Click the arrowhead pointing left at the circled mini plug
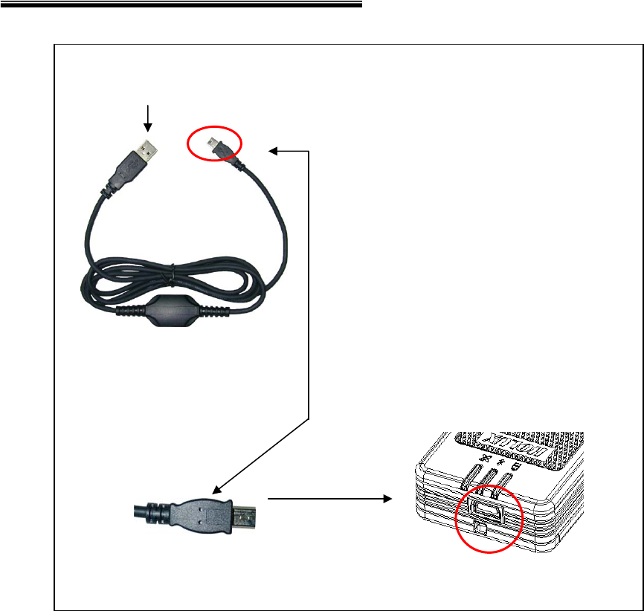[274, 152]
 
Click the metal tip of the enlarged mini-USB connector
[245, 514]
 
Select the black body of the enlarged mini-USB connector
[200, 512]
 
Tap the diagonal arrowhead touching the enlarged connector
[217, 491]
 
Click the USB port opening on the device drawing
[485, 508]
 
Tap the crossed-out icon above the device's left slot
[487, 459]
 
